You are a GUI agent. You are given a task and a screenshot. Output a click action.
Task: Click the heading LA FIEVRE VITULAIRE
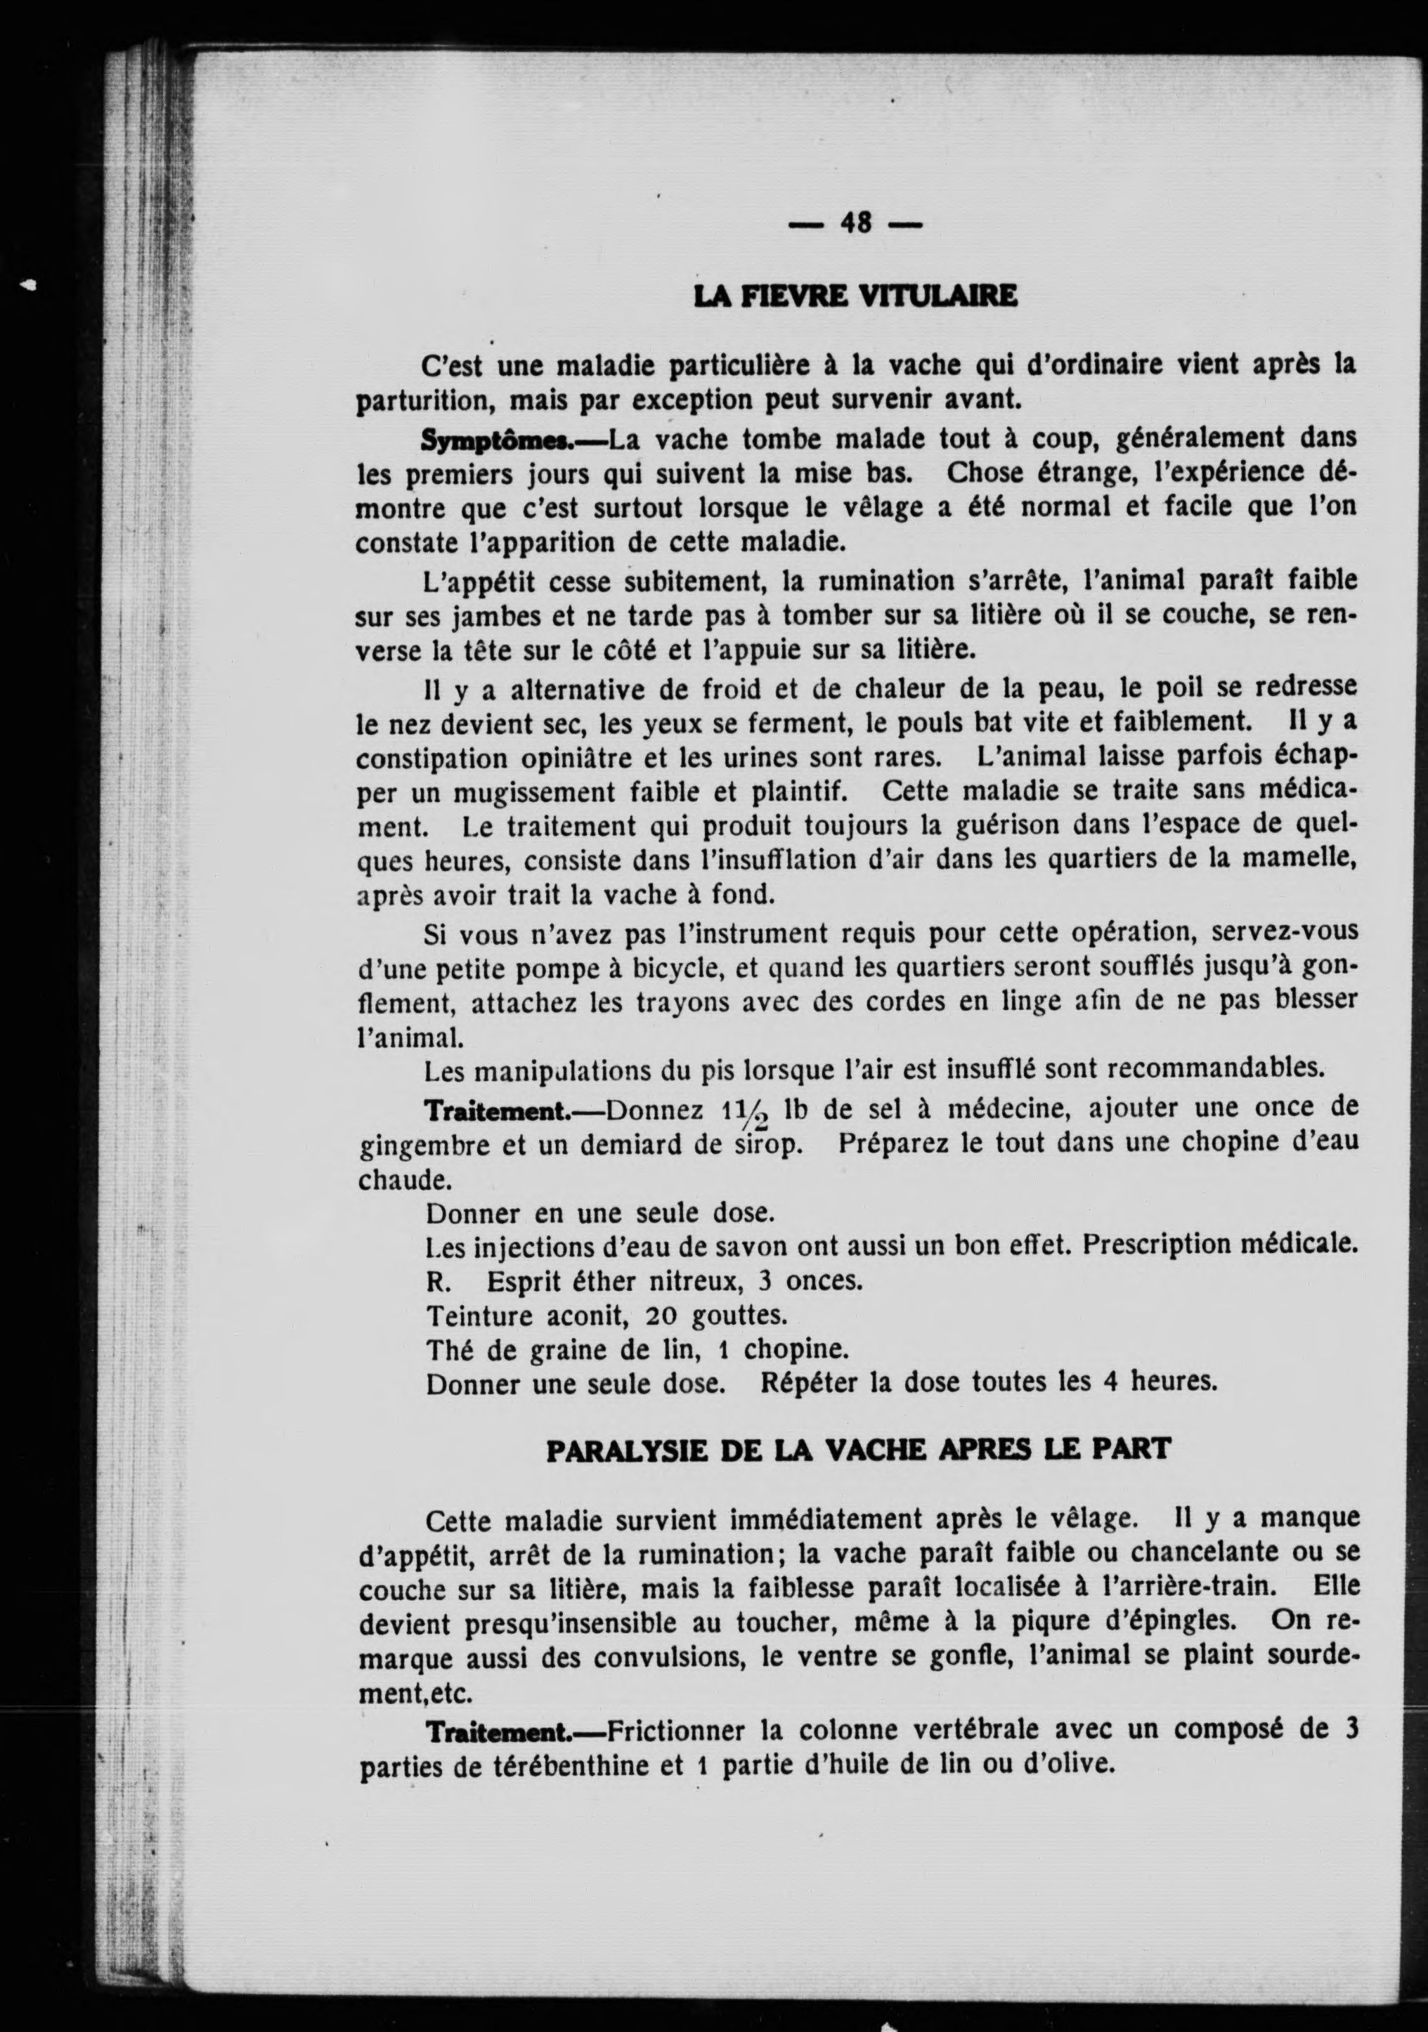pos(855,296)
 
